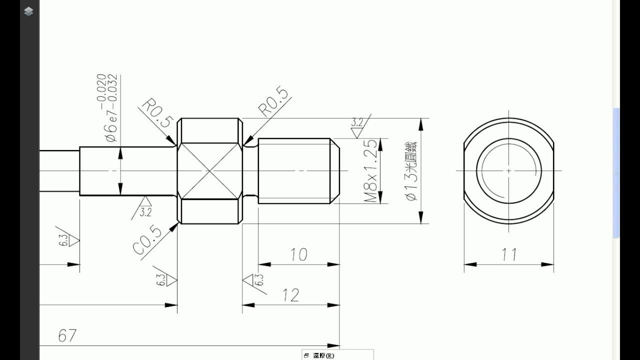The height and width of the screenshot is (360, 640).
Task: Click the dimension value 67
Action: point(67,335)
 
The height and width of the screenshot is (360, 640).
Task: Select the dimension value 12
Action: point(291,295)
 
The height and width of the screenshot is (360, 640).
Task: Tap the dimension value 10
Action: point(299,254)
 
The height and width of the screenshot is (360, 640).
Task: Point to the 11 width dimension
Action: point(509,254)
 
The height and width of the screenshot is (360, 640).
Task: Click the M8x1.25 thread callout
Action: point(370,171)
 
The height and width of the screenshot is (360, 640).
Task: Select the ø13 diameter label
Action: point(411,171)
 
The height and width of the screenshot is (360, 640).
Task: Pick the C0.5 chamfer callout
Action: point(147,239)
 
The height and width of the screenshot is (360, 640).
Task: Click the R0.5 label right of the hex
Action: point(273,102)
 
